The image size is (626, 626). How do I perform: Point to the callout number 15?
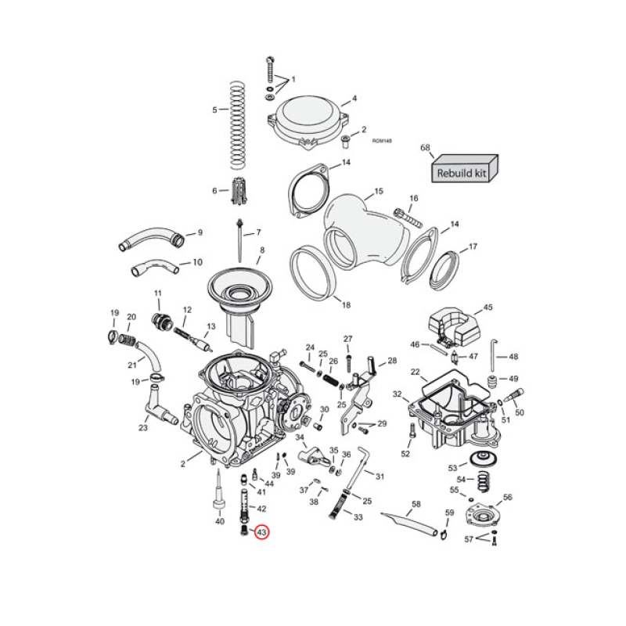click(378, 192)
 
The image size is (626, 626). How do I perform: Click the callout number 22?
click(415, 372)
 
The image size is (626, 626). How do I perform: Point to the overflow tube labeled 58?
click(408, 523)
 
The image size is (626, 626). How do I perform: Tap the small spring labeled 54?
click(480, 480)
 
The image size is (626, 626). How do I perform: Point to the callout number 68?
click(426, 147)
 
